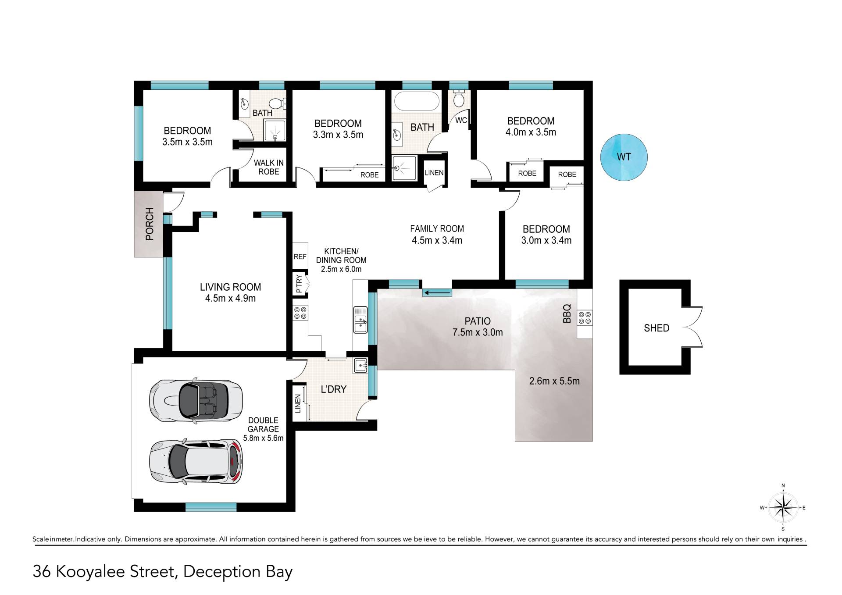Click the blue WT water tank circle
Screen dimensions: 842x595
pyautogui.click(x=624, y=157)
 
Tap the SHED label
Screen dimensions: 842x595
pyautogui.click(x=656, y=328)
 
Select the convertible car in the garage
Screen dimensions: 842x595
pyautogui.click(x=196, y=401)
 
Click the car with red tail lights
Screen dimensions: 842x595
pyautogui.click(x=196, y=461)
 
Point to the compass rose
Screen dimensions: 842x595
pyautogui.click(x=783, y=508)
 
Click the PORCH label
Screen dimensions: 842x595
pyautogui.click(x=150, y=224)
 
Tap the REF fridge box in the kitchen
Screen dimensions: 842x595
pyautogui.click(x=300, y=257)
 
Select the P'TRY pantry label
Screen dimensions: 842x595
pyautogui.click(x=299, y=284)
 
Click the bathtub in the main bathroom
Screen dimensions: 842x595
pyautogui.click(x=416, y=101)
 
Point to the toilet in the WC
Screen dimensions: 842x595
pyautogui.click(x=459, y=99)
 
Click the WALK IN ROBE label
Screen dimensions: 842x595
pyautogui.click(x=269, y=167)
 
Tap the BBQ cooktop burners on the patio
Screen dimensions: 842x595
pyautogui.click(x=585, y=317)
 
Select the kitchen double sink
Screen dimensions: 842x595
pyautogui.click(x=360, y=320)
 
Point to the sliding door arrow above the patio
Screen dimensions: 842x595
pyautogui.click(x=437, y=292)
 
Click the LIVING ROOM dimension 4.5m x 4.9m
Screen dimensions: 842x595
pyautogui.click(x=230, y=298)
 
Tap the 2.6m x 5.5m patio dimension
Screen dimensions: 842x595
pyautogui.click(x=554, y=381)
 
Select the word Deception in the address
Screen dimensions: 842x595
pyautogui.click(x=222, y=572)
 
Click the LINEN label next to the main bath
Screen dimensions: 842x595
pyautogui.click(x=434, y=173)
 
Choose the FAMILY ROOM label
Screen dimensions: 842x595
pyautogui.click(x=437, y=228)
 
